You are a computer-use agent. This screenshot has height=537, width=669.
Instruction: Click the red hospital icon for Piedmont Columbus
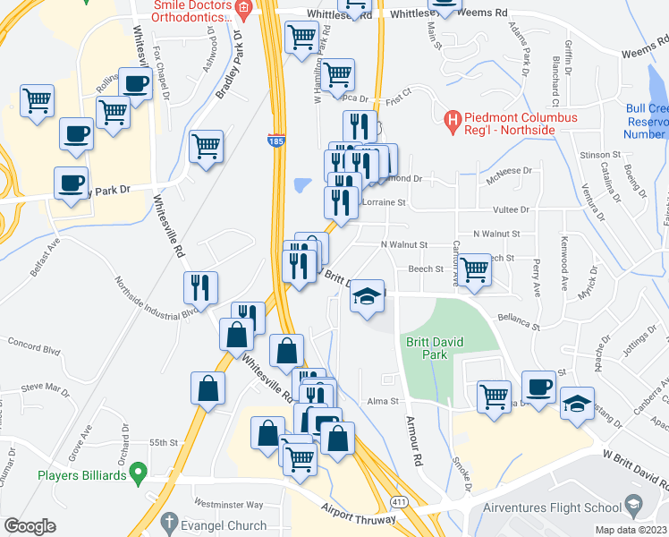(x=453, y=118)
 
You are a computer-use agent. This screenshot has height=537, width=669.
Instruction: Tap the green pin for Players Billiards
(x=137, y=470)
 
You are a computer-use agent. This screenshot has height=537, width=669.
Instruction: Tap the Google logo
(x=30, y=526)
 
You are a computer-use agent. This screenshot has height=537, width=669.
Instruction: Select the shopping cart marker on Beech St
(x=474, y=268)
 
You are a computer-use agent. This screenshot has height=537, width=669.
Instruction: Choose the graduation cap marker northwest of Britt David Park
(x=367, y=296)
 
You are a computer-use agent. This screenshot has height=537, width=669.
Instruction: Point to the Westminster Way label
(x=228, y=504)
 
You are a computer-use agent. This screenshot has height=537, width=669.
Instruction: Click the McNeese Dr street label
(x=509, y=171)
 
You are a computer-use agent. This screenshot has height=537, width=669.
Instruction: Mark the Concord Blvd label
(x=31, y=342)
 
